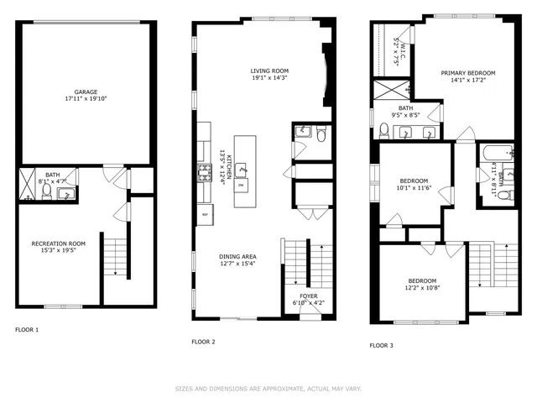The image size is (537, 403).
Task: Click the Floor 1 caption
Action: pos(27,330)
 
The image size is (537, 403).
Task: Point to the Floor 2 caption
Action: pos(203,342)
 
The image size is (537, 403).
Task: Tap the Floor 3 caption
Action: pos(382,345)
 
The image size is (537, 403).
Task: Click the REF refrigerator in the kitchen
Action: pos(204,216)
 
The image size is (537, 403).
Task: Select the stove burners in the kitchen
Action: pos(202,174)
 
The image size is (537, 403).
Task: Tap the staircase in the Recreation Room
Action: pos(115,256)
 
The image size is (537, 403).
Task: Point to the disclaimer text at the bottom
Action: pos(268,389)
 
